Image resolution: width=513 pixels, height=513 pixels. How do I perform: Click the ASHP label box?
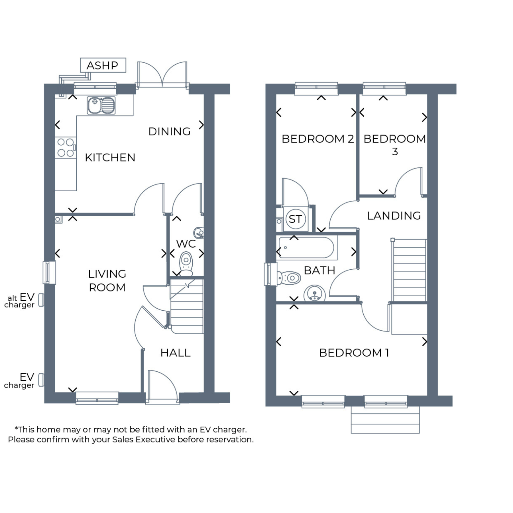point(103,65)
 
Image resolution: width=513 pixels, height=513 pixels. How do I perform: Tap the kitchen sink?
point(101,105)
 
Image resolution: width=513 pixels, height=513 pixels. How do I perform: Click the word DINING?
point(169,131)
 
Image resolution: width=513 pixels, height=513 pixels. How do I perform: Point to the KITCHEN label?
point(110,157)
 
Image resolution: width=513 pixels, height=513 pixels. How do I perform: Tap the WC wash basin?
point(199,233)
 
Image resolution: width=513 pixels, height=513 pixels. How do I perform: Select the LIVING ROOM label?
point(107,280)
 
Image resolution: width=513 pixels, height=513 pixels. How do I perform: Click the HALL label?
point(175,353)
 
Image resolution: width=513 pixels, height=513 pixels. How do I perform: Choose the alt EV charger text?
point(19,301)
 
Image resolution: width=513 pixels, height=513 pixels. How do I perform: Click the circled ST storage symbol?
point(296,219)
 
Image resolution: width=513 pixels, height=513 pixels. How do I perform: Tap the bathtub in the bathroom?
point(306,247)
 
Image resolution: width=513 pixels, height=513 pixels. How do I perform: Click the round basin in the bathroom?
point(315,293)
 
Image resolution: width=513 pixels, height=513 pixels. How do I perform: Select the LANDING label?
point(394,215)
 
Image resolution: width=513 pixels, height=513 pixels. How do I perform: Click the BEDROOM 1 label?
point(354,353)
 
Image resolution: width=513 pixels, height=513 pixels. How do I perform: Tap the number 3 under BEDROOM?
point(395,151)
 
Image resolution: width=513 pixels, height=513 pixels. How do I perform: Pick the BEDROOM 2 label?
point(317,139)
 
